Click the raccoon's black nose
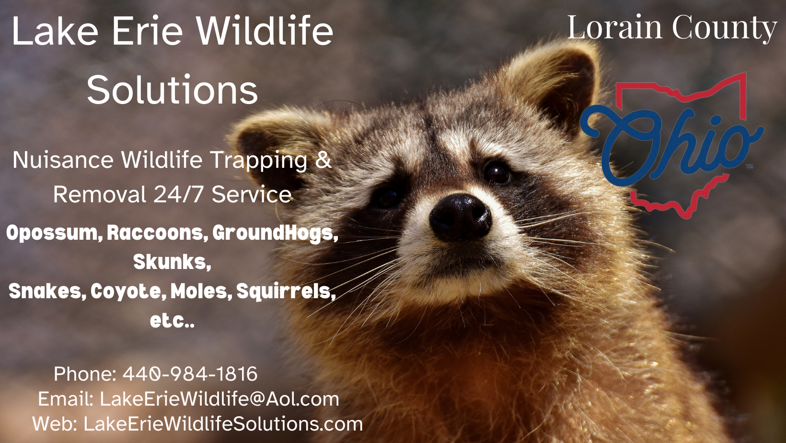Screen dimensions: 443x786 tap(460, 217)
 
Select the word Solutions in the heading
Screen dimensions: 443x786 tap(173, 90)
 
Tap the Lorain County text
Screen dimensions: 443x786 tap(672, 28)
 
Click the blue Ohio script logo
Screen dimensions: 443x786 tap(671, 144)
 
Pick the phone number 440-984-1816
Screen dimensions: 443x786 tap(190, 374)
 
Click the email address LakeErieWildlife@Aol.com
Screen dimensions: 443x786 tap(219, 399)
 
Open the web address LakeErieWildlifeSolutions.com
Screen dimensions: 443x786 tap(223, 424)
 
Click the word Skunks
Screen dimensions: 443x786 tap(172, 262)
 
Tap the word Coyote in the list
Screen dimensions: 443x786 tap(128, 291)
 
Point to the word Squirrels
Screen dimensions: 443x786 tap(286, 291)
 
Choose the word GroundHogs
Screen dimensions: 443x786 tap(275, 233)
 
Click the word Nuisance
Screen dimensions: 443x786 tap(63, 160)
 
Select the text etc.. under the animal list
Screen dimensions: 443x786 tap(172, 321)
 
